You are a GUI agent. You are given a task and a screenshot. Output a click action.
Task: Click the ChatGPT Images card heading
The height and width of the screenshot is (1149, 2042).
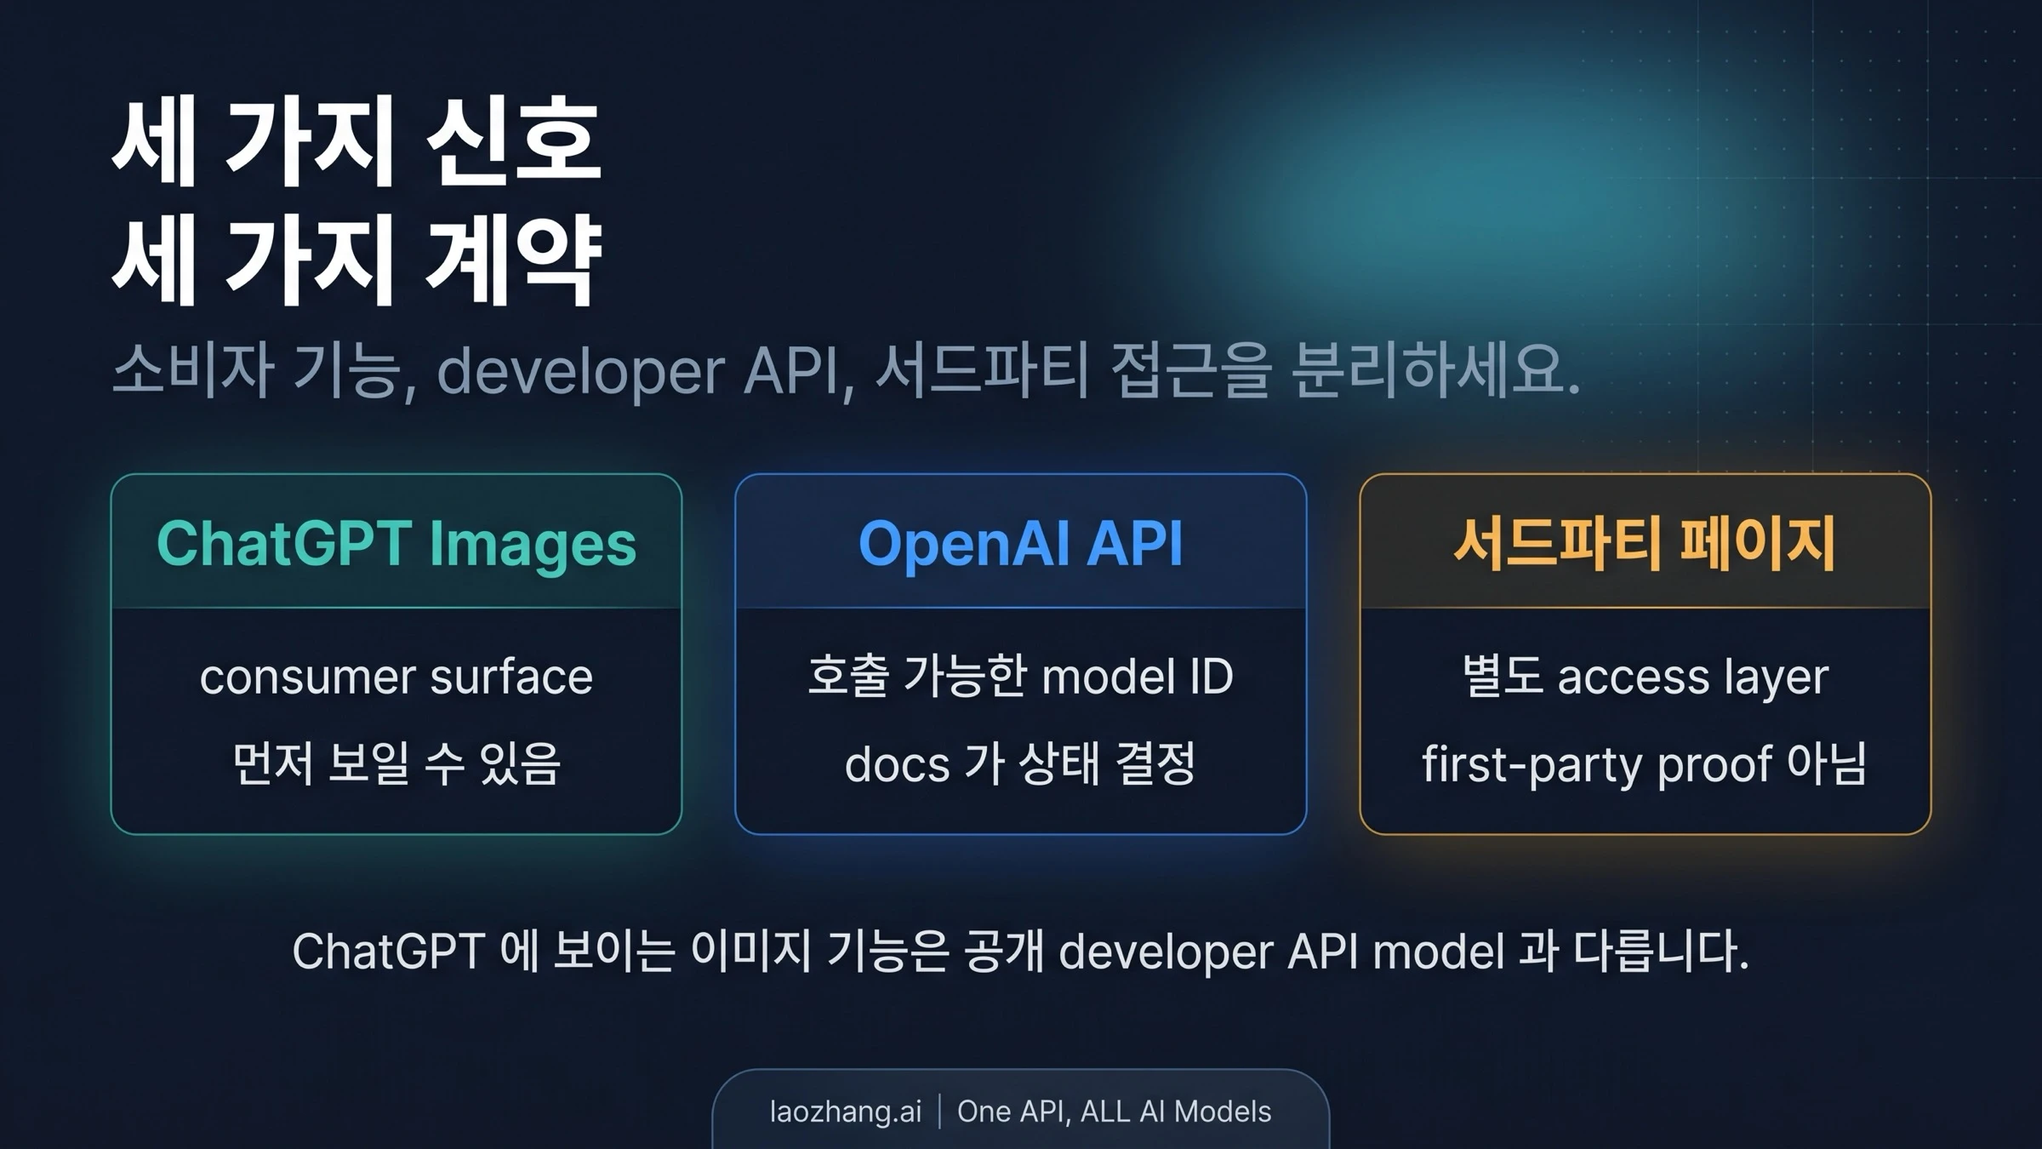[396, 544]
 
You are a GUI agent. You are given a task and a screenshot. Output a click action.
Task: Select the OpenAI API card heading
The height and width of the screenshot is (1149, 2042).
[1020, 544]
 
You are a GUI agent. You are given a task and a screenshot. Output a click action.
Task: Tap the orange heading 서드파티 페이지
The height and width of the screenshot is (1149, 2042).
[1645, 544]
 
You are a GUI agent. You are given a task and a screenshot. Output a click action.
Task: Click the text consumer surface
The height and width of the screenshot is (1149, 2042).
[396, 677]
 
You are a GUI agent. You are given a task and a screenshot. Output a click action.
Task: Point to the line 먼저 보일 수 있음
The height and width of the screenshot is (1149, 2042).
[396, 763]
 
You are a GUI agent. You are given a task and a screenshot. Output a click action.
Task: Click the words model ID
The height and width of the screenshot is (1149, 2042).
[1137, 677]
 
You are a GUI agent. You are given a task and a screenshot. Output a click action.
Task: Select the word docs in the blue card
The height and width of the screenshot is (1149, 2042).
[897, 765]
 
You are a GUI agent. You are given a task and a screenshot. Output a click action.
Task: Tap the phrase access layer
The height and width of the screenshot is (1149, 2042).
[1692, 678]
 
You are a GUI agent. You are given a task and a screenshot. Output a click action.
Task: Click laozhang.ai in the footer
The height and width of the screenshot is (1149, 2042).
[845, 1112]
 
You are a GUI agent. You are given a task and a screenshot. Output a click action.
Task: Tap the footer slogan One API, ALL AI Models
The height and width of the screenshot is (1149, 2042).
[1114, 1112]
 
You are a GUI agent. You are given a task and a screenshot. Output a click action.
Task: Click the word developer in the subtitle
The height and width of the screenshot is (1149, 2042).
[580, 373]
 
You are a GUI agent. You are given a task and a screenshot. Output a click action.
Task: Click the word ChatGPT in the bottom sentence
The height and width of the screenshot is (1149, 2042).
[389, 952]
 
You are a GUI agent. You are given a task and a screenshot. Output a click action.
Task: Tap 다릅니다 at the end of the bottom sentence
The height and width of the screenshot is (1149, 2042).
[1660, 952]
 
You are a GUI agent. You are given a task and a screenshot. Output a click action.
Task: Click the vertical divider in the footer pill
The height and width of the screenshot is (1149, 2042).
[939, 1112]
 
